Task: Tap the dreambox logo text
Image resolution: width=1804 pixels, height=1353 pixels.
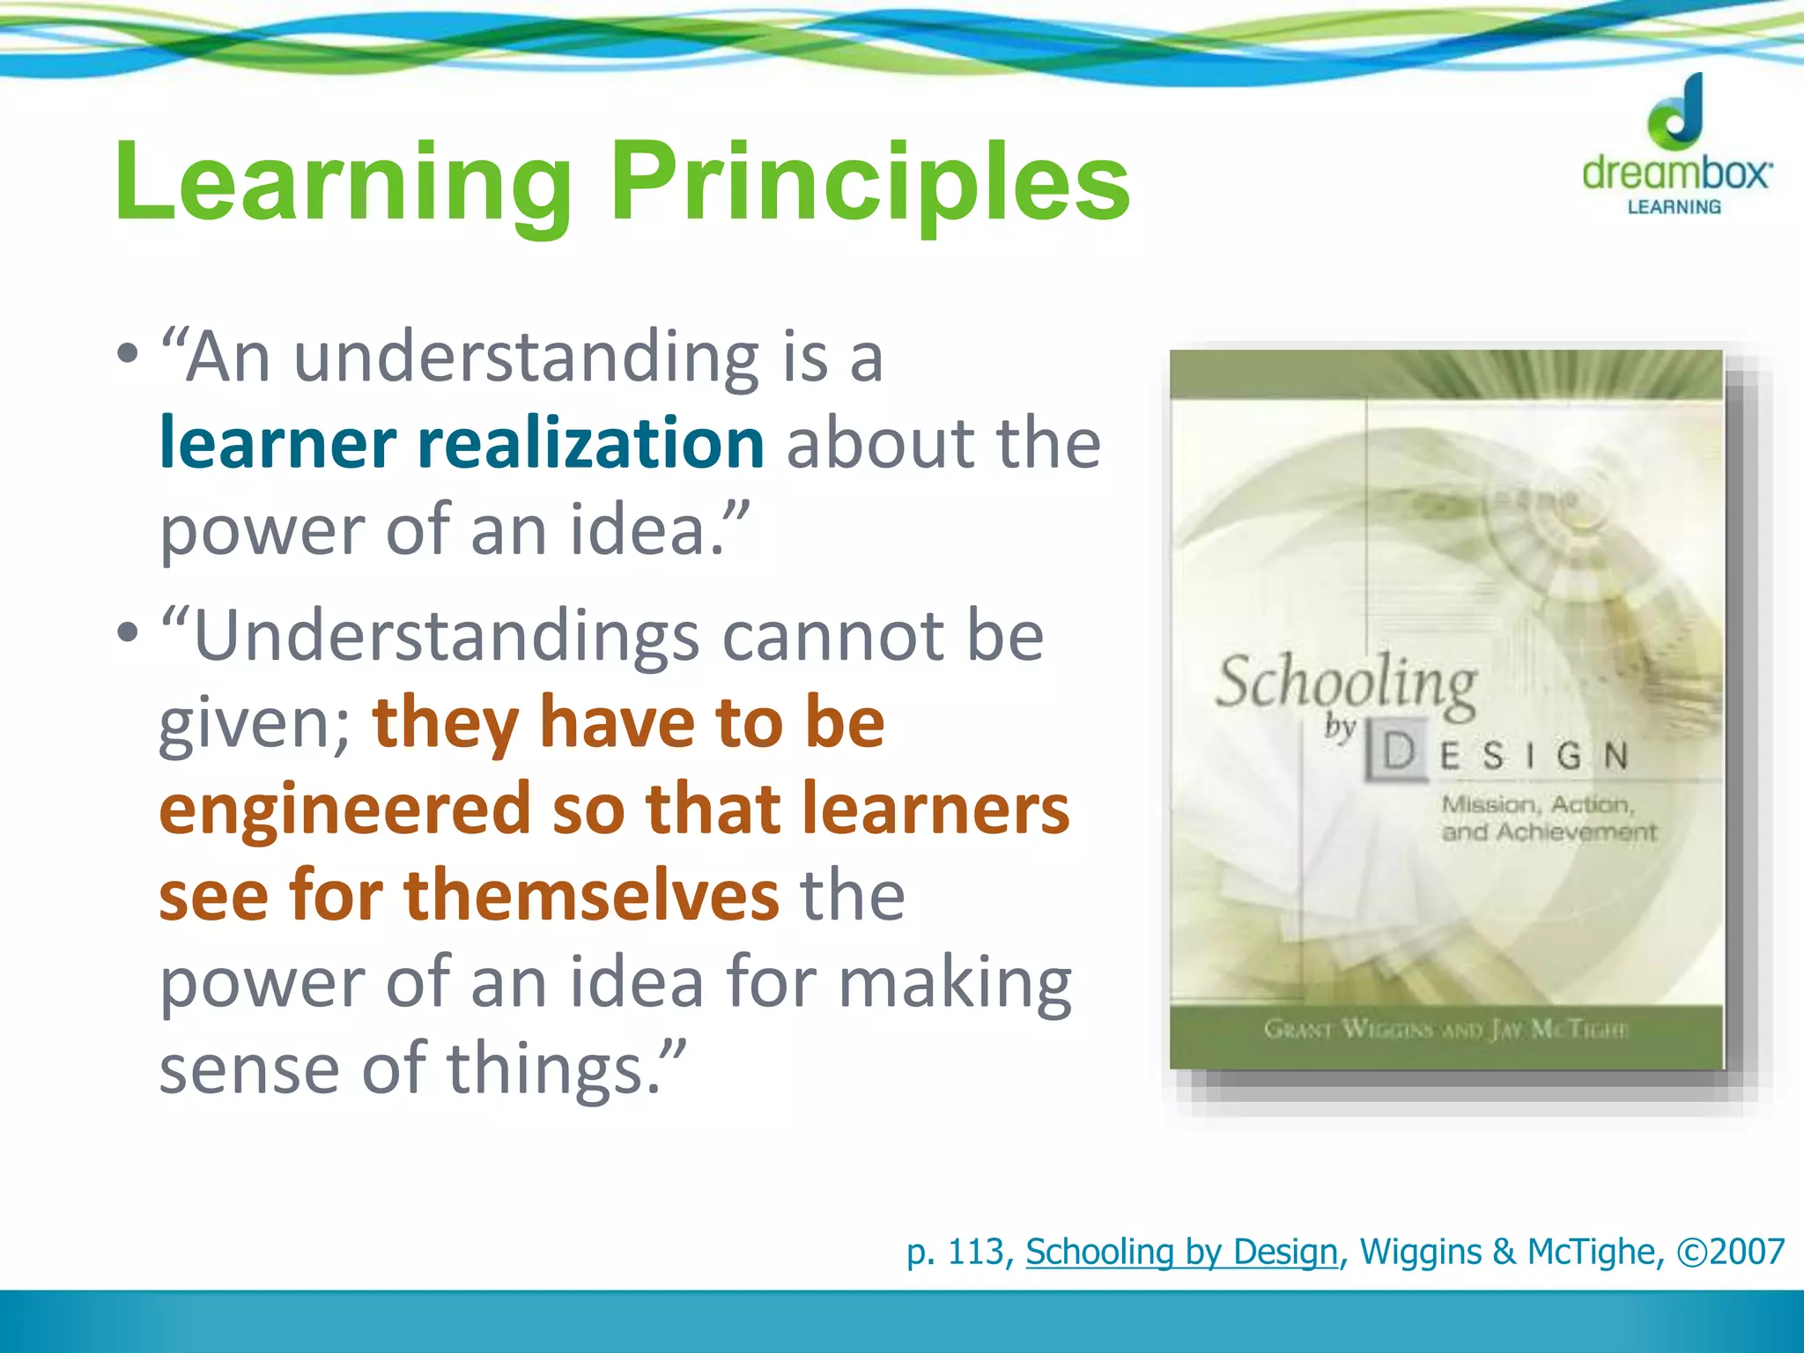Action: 1675,172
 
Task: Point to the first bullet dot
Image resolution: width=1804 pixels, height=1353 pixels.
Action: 128,354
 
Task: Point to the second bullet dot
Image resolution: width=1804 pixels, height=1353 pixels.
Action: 128,632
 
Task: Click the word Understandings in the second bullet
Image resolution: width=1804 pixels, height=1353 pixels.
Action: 447,637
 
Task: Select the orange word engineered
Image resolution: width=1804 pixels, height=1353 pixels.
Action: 344,809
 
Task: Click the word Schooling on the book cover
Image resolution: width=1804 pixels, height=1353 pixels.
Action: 1346,684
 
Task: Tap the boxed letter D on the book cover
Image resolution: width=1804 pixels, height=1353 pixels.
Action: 1398,752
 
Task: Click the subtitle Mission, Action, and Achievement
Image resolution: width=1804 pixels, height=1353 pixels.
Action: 1548,817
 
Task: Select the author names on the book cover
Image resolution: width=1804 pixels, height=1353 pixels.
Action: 1445,1029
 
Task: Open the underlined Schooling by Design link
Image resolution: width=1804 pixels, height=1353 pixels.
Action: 1181,1252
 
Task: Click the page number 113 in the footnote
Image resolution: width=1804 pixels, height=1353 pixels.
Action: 976,1252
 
